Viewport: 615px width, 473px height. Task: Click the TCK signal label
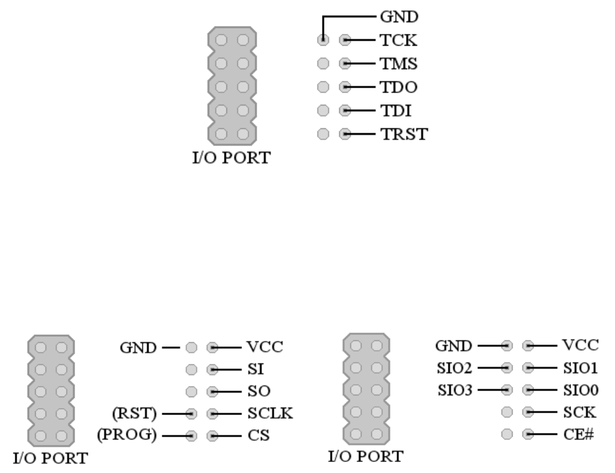tap(398, 41)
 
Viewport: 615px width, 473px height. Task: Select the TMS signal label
tap(399, 64)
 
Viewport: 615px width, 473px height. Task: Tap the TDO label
tap(398, 87)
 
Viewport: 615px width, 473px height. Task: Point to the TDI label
tap(395, 111)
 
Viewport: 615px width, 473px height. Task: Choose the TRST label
tap(403, 134)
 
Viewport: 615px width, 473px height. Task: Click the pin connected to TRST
tap(345, 134)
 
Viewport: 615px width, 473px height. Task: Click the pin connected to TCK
tap(345, 41)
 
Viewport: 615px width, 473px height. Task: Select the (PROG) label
tap(126, 435)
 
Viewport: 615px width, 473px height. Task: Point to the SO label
tap(258, 391)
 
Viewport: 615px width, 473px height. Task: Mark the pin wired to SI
tap(212, 369)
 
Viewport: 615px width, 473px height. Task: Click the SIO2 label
tap(454, 368)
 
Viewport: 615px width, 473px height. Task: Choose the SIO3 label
tap(454, 390)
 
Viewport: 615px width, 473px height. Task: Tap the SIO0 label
tap(580, 390)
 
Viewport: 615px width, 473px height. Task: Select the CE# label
tap(577, 434)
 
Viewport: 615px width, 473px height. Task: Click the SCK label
tap(579, 412)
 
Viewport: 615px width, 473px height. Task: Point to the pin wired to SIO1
tap(528, 368)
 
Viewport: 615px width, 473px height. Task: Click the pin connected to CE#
tap(528, 434)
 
